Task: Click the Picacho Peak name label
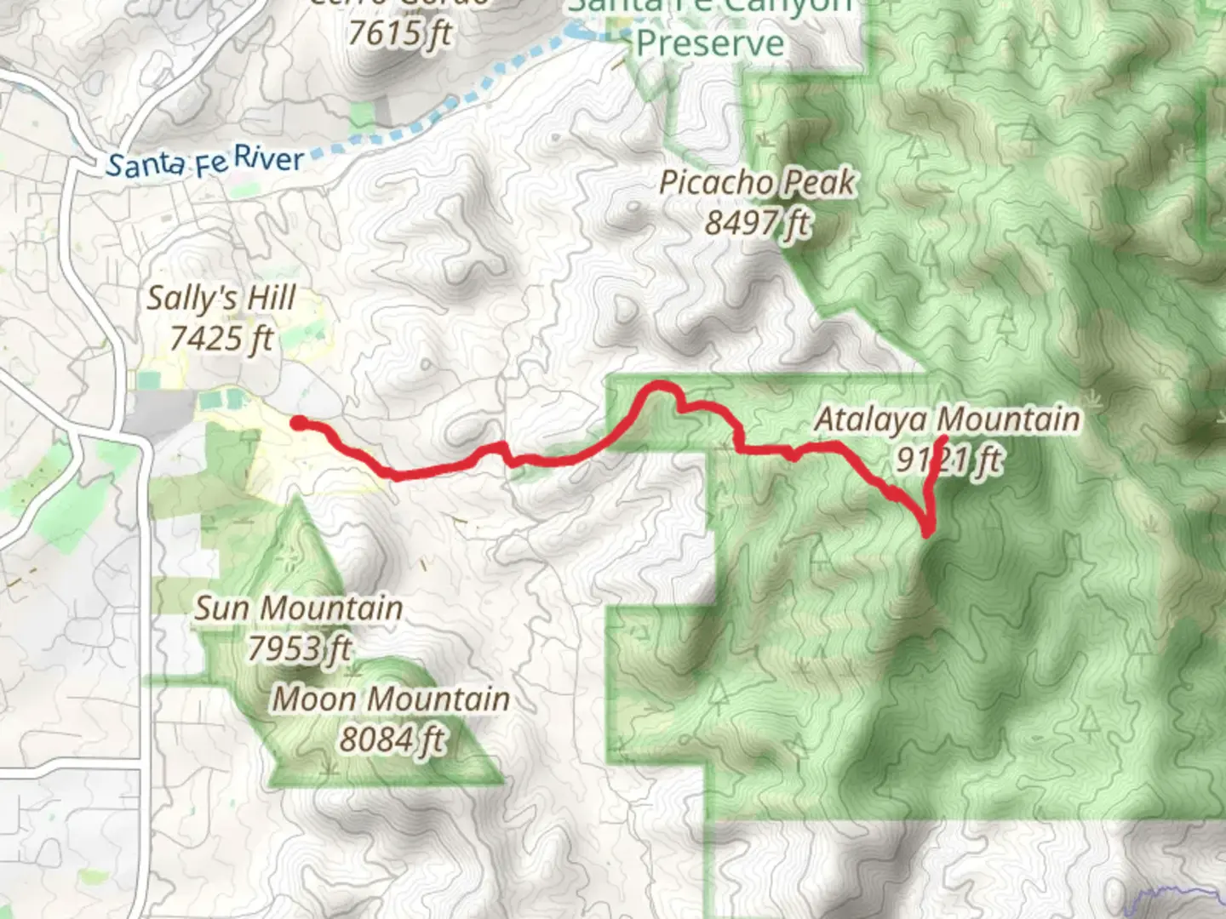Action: point(757,183)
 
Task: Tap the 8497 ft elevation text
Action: point(757,223)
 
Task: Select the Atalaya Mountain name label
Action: point(947,420)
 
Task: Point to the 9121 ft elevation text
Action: point(948,460)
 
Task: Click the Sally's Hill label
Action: point(221,299)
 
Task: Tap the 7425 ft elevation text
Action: point(221,339)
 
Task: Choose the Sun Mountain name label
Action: point(299,608)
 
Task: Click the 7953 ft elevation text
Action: point(299,649)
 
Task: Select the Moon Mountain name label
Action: point(391,699)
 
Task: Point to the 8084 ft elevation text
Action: point(391,739)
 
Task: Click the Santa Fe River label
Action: point(204,162)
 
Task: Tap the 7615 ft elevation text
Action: point(399,34)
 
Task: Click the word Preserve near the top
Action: point(710,43)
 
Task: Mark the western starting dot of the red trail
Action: point(297,421)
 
